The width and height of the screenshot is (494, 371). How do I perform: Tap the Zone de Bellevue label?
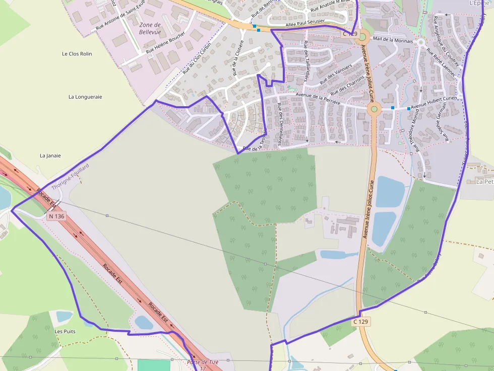150,28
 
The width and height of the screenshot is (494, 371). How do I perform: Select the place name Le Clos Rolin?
77,53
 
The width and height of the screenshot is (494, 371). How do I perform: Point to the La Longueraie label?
85,97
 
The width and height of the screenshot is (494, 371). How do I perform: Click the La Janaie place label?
50,156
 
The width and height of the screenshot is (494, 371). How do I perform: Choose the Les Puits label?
65,331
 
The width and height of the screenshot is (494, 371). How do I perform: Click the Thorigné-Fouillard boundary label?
70,176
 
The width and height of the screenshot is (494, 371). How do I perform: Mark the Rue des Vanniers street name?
335,75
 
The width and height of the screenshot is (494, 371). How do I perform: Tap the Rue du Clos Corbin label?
197,58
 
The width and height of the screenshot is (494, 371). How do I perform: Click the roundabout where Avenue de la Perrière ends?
374,109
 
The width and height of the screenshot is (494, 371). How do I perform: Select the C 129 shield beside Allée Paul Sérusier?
349,34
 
